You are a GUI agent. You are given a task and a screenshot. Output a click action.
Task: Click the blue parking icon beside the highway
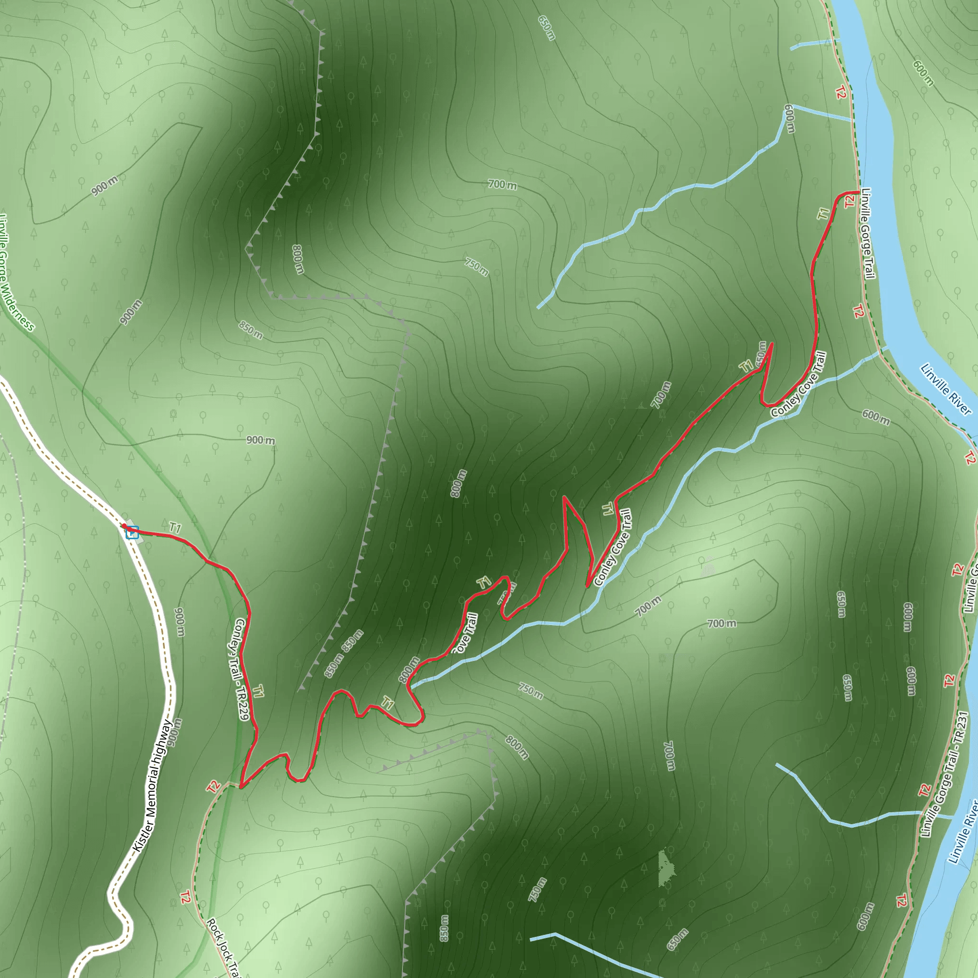click(x=132, y=532)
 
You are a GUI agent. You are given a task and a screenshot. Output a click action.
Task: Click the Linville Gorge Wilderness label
click(x=15, y=273)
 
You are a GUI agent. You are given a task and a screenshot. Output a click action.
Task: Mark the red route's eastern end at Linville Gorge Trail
click(x=859, y=192)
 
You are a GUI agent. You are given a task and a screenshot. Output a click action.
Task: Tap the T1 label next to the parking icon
click(x=175, y=528)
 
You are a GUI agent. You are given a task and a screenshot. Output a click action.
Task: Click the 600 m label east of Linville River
click(x=923, y=73)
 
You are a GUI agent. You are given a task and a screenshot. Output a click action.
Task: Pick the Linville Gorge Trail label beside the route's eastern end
click(x=868, y=234)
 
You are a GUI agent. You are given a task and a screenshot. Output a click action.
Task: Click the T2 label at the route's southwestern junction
click(x=213, y=787)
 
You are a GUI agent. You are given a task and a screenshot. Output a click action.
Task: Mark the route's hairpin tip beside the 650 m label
click(x=772, y=344)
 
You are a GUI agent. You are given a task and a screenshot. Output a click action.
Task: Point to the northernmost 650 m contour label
click(x=547, y=28)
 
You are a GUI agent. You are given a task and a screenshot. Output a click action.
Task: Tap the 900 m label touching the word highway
click(x=174, y=732)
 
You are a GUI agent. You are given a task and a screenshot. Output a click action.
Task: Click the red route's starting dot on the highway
click(x=123, y=526)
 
